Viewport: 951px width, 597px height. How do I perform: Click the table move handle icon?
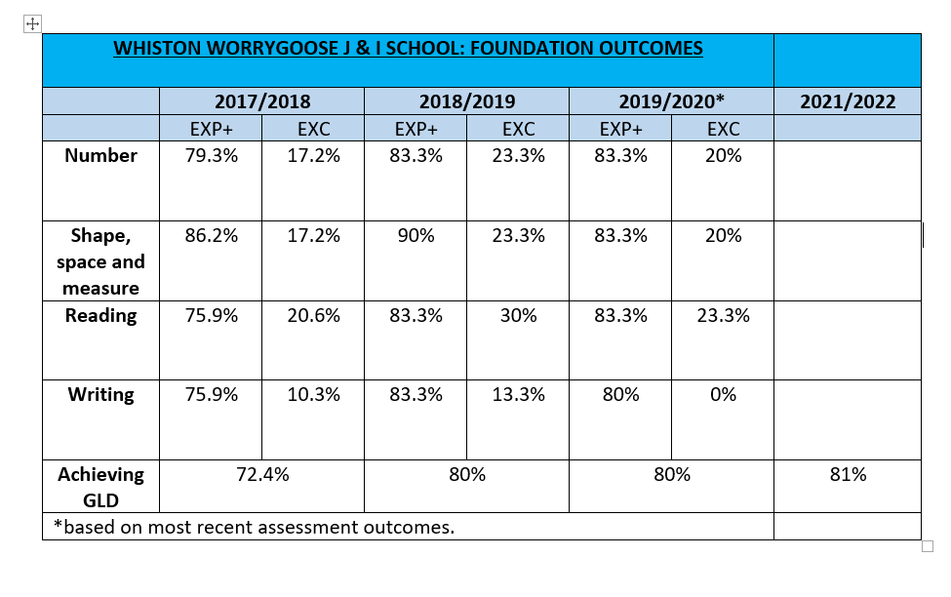[32, 23]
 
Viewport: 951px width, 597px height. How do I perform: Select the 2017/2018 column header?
[262, 101]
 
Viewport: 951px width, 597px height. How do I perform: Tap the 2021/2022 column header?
[848, 101]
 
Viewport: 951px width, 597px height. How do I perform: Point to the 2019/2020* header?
[671, 101]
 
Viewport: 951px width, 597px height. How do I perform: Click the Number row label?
[100, 155]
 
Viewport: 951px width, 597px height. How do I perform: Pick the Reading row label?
[100, 315]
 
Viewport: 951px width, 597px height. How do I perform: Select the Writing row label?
[100, 394]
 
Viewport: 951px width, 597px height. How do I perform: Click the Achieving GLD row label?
[100, 487]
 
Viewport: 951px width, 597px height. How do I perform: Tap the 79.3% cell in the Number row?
[211, 155]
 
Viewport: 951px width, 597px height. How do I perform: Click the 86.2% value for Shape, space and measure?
[211, 235]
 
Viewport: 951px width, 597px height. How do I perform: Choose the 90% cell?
[416, 235]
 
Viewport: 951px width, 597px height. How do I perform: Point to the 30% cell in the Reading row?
[518, 315]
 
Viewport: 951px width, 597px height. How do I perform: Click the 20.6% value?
[313, 315]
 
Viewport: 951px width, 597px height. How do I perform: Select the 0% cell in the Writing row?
[723, 394]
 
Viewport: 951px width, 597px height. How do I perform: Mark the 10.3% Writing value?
[313, 394]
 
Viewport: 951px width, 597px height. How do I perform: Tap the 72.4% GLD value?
[262, 474]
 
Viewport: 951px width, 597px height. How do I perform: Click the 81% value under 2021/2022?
[848, 474]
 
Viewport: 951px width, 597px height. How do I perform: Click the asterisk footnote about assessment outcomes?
[255, 527]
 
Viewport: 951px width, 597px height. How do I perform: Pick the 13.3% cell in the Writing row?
[518, 394]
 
